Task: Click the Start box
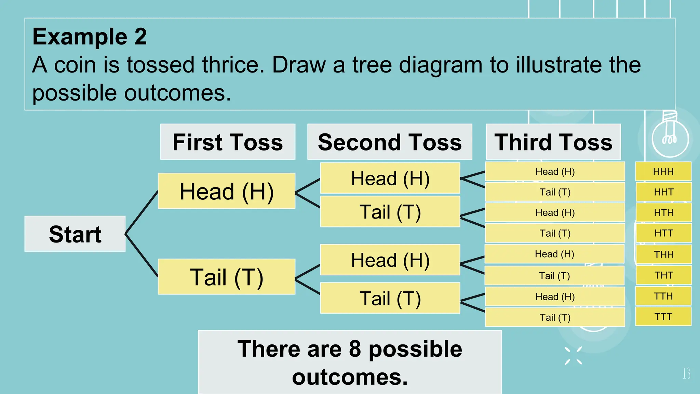pos(75,234)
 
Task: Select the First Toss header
pos(228,142)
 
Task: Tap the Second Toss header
pos(390,142)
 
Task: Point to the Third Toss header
pos(553,142)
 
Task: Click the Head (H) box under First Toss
pos(226,191)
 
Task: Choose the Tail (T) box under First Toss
pos(226,277)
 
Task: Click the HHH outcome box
pos(663,171)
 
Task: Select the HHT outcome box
pos(663,192)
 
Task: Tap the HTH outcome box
pos(663,212)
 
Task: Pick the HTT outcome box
pos(663,233)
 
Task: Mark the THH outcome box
pos(663,254)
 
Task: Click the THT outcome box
pos(663,275)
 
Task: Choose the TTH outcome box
pos(663,296)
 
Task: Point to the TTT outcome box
pos(663,316)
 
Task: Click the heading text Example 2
pos(90,37)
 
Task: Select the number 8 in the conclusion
pos(355,349)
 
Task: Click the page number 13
pos(686,373)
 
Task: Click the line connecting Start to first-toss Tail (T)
pos(142,255)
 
